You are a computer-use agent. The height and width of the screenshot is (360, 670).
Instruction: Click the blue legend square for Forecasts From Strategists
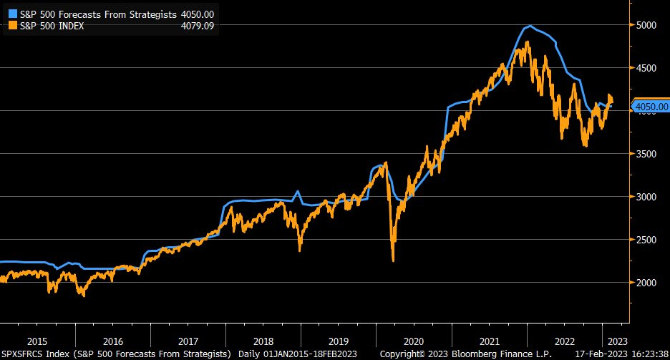12,14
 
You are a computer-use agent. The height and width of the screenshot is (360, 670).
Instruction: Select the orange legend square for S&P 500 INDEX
12,25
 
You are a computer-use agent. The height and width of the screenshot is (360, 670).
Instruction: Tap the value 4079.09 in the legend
197,25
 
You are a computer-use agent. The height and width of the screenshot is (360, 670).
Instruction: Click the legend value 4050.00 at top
197,14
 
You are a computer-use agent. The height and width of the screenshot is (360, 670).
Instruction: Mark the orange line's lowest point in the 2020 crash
393,261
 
